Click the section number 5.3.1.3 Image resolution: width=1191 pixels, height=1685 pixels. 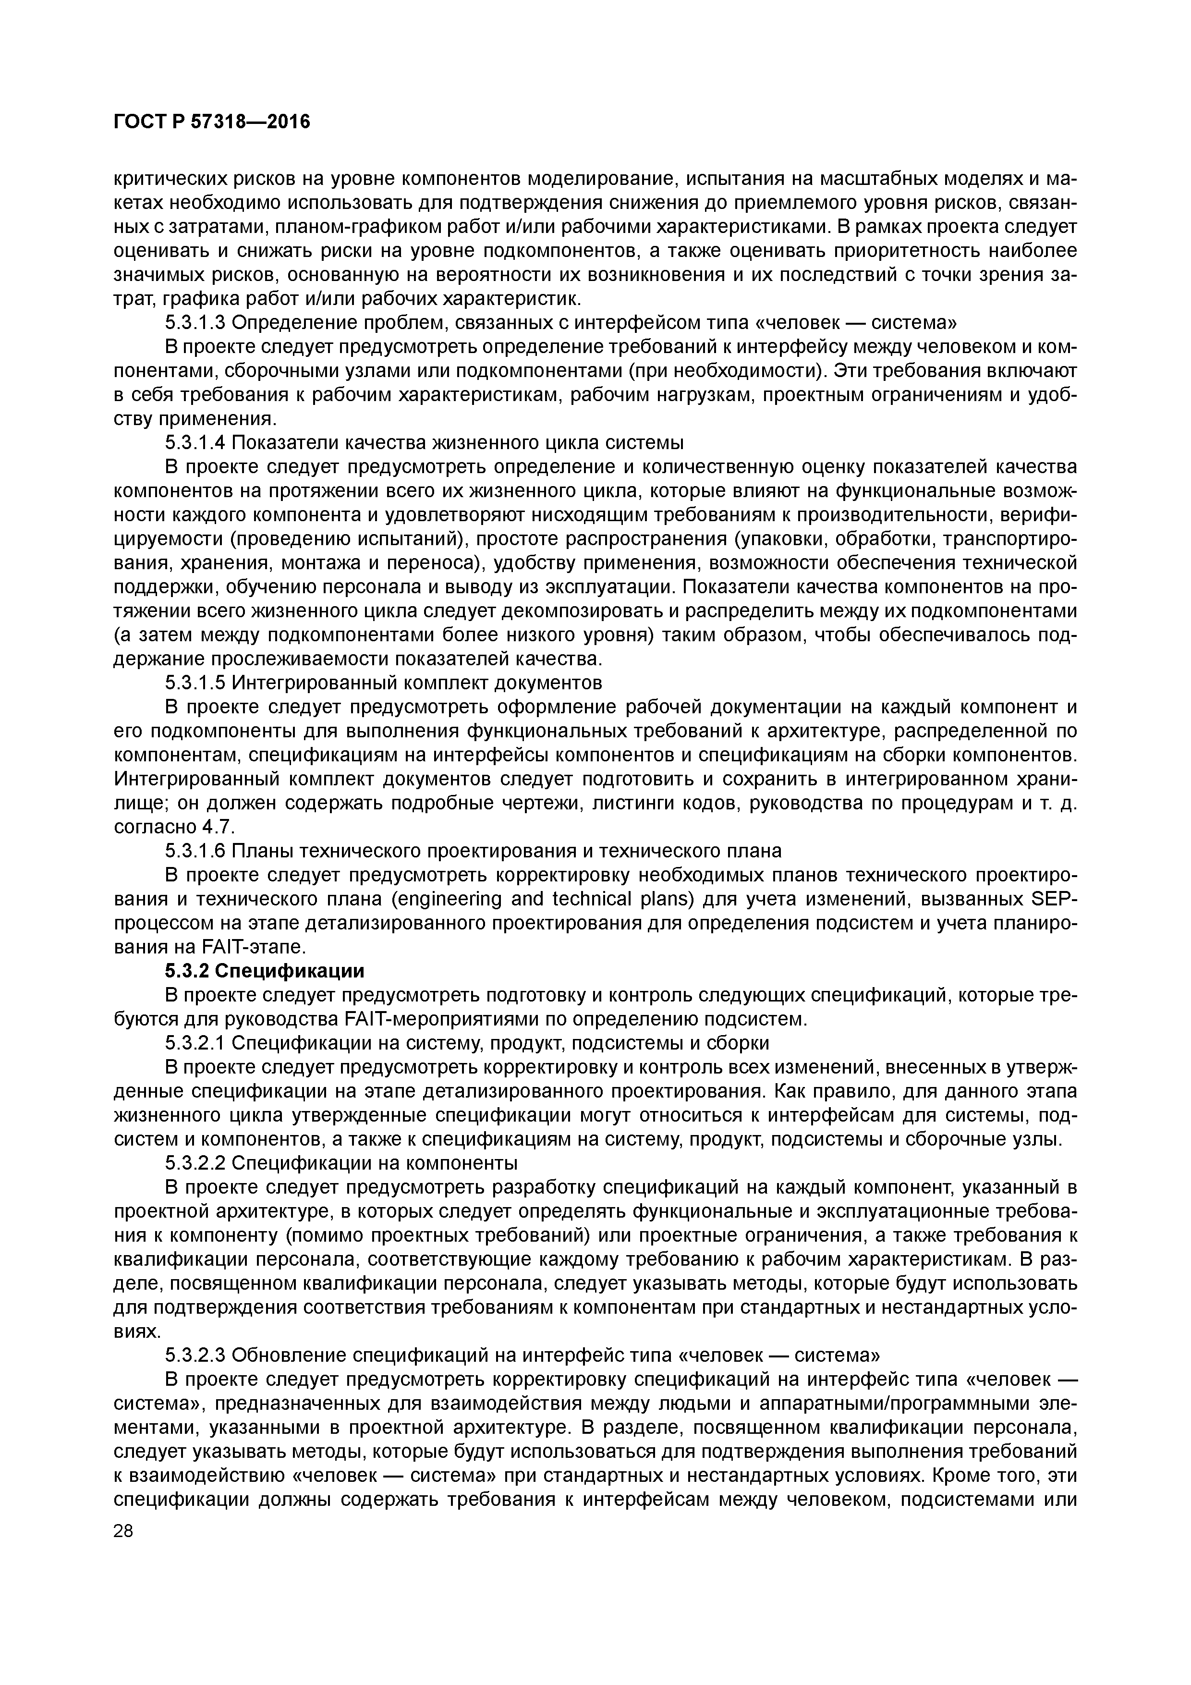click(x=195, y=322)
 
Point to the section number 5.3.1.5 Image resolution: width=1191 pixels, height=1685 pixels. click(x=195, y=683)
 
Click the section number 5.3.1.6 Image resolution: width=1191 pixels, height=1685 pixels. click(x=195, y=851)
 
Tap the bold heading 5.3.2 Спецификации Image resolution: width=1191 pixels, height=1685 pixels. click(x=264, y=971)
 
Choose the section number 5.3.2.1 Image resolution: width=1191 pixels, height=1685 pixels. click(x=195, y=1043)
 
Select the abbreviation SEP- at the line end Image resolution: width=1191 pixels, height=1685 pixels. click(x=1055, y=899)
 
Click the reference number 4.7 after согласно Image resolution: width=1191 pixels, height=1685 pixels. click(x=217, y=827)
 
